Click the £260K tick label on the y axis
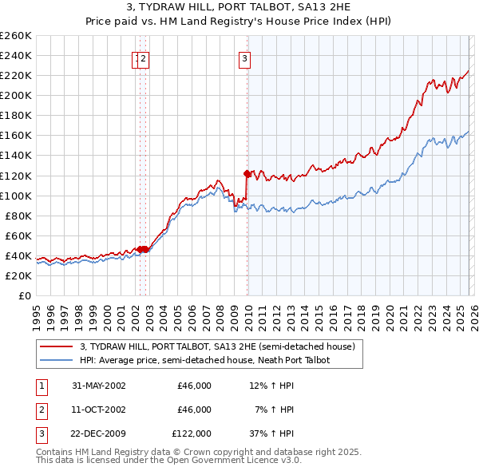pos(16,36)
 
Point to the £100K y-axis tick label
pos(16,196)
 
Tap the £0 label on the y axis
pos(25,295)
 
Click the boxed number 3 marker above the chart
pos(243,57)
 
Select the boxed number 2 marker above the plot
pos(144,57)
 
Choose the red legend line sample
pos(56,346)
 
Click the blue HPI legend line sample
pos(56,360)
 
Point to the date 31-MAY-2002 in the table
pos(99,386)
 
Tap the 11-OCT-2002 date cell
pos(99,410)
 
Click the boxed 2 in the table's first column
pos(39,410)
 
